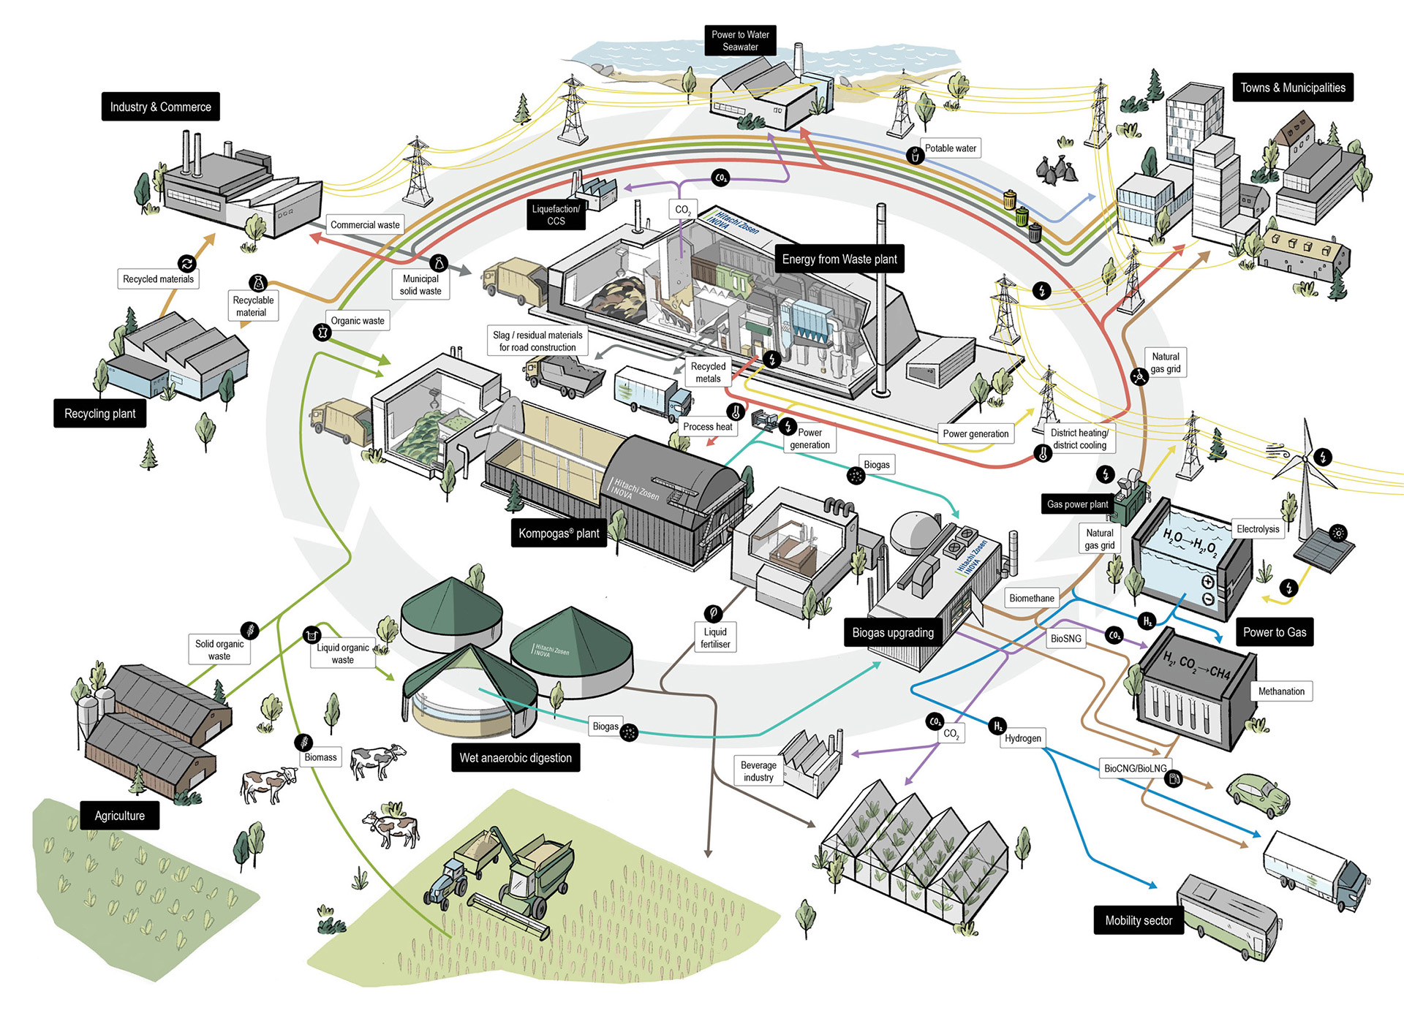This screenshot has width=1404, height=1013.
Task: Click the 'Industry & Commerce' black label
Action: point(160,107)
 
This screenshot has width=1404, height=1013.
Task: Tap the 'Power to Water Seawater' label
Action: point(740,40)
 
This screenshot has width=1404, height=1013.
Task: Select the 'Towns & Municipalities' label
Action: point(1292,88)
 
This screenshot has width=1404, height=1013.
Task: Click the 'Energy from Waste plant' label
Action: point(839,259)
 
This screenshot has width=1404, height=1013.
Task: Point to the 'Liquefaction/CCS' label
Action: point(556,215)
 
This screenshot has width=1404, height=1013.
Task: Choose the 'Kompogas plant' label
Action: point(559,534)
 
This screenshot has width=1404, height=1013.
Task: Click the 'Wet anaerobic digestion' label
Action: point(516,758)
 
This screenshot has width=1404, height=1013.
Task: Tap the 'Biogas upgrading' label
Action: point(893,633)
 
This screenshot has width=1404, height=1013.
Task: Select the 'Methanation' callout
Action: point(1281,691)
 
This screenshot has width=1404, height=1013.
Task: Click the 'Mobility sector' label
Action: point(1138,921)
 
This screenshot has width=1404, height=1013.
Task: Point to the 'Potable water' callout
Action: point(950,148)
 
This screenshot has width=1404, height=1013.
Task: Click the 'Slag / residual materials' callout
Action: point(537,341)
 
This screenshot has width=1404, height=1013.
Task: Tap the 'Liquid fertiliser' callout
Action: point(715,638)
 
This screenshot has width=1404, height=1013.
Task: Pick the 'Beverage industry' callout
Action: point(758,771)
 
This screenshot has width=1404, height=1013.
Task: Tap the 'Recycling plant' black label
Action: point(100,414)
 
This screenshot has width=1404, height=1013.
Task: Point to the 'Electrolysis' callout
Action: point(1258,529)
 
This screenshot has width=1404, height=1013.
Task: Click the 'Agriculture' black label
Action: point(120,816)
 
